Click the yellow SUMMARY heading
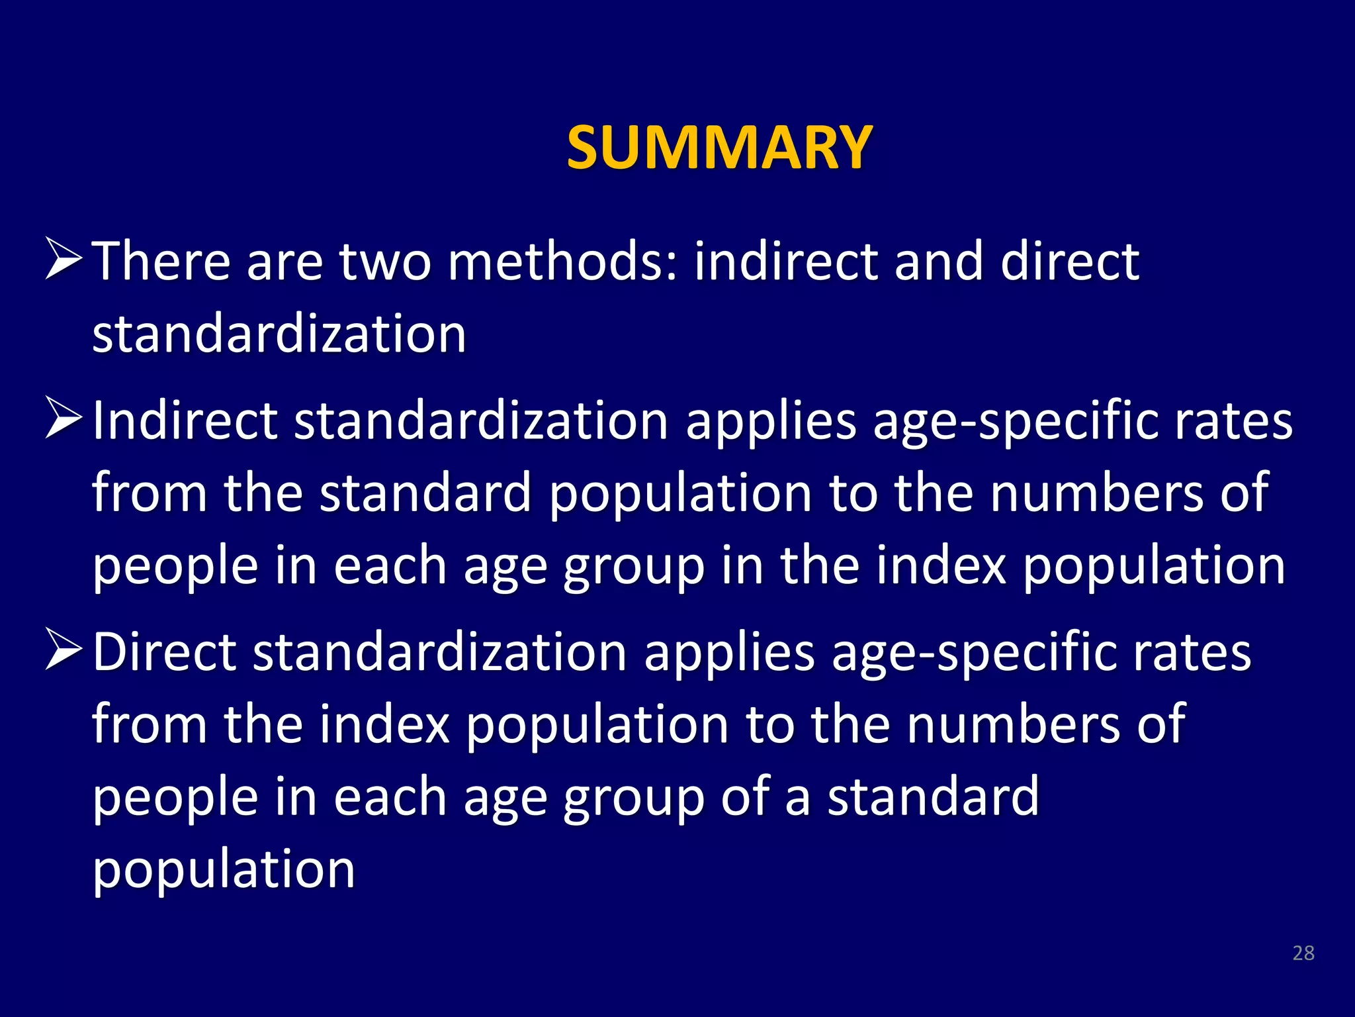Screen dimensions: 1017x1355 (719, 147)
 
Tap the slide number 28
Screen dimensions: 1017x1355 (1303, 953)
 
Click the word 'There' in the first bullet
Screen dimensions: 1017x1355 (161, 262)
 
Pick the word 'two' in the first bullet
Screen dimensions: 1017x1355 (386, 262)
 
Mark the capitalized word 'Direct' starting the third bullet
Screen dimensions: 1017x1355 (164, 652)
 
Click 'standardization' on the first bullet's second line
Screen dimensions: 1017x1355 (279, 334)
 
